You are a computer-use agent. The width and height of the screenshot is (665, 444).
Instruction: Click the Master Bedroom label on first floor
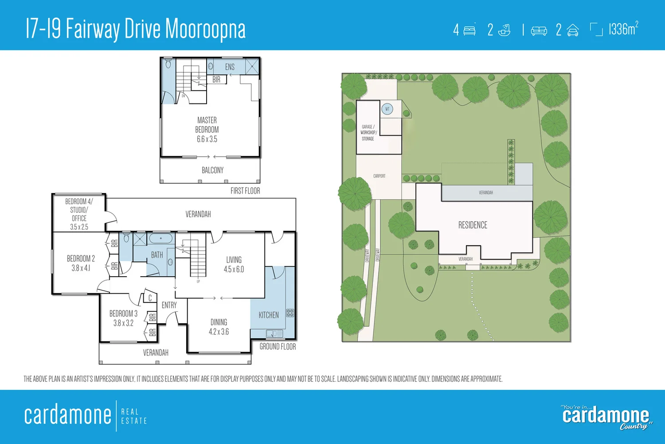(207, 129)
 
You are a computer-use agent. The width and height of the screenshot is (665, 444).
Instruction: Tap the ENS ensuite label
(230, 67)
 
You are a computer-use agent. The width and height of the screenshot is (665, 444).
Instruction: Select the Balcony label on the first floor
(212, 170)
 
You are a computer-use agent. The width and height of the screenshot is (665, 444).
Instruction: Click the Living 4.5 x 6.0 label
(234, 264)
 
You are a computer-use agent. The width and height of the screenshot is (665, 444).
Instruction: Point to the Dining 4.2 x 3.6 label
(219, 327)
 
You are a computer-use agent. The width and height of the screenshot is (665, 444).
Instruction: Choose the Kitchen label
(269, 315)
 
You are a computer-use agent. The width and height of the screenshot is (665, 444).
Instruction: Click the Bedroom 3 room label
(123, 318)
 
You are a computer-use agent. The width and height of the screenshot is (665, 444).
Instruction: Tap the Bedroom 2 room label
(81, 263)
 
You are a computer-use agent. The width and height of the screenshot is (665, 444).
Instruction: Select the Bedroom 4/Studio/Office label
(79, 214)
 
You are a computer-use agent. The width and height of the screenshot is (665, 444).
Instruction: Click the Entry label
(169, 305)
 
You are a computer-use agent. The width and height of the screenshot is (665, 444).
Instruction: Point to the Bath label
(157, 255)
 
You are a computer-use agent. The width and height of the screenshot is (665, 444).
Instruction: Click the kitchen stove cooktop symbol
(290, 313)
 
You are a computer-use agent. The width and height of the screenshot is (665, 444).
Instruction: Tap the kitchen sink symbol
(274, 333)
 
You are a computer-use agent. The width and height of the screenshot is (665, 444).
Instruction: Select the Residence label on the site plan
(473, 225)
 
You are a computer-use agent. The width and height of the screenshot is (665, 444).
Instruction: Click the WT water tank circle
(387, 109)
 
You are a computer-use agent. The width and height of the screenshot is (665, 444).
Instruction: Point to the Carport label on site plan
(379, 176)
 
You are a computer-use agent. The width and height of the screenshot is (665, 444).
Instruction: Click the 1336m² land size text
(623, 29)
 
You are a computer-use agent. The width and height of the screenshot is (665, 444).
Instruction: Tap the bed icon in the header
(469, 30)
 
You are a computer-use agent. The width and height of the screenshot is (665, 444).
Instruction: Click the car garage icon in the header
(573, 30)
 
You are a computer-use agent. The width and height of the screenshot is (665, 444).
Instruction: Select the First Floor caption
(245, 190)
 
